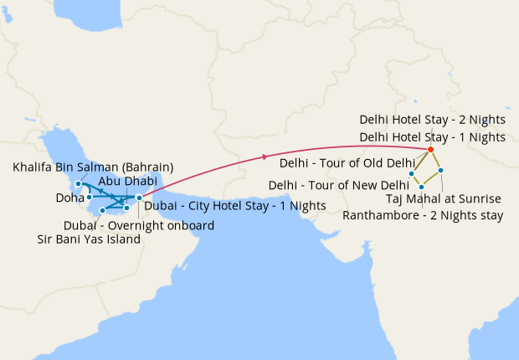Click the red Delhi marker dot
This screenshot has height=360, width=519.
[x=430, y=150]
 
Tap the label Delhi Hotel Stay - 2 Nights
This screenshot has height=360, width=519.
[x=432, y=120]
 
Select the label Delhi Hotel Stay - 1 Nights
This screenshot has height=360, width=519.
[x=432, y=136]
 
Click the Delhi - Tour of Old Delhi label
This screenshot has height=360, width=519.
[x=347, y=162]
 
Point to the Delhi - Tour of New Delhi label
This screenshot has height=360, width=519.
[x=338, y=185]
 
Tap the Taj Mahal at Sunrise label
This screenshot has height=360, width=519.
[x=444, y=198]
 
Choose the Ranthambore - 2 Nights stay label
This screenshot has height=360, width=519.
[x=423, y=215]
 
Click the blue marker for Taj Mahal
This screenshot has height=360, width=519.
[x=440, y=171]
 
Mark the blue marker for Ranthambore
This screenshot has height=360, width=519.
[x=421, y=187]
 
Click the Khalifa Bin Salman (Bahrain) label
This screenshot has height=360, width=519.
[x=93, y=167]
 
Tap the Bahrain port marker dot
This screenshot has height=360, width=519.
[x=78, y=183]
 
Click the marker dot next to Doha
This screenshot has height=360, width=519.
[x=89, y=198]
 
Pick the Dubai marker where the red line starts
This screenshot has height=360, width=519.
[x=139, y=198]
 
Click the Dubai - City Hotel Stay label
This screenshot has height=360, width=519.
[x=235, y=205]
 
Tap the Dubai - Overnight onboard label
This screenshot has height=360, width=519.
[x=139, y=225]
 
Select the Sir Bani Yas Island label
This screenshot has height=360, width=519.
[x=89, y=239]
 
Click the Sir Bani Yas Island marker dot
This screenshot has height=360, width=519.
[x=102, y=210]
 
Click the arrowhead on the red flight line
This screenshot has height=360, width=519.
[x=265, y=157]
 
